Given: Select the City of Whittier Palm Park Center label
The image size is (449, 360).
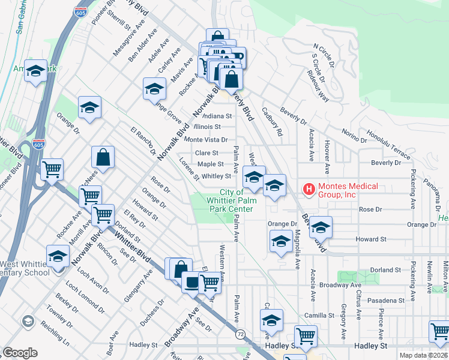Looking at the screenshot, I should coord(229,200).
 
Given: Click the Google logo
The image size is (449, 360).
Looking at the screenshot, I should coord(20,352).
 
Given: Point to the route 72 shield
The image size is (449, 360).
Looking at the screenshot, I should coord(241,334).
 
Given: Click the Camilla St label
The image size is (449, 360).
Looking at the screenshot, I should coord(318,315).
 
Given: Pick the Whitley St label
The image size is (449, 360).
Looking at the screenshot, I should coord(216,176).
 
